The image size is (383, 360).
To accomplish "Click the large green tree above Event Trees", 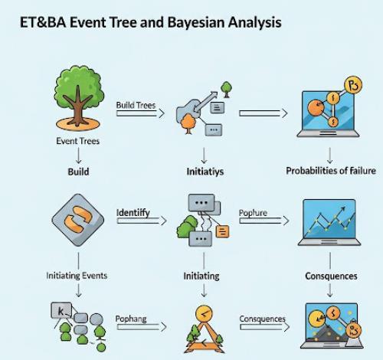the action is coord(78,97).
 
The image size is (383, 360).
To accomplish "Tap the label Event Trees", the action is coord(77,141).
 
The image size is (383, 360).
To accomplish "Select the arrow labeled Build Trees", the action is coord(140,113).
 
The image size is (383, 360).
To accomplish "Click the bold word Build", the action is coord(78,172).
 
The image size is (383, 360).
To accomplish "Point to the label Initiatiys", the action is coord(205,172).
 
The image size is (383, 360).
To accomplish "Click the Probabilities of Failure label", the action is coord(331,171).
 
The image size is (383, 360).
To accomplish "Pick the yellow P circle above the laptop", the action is coord(353,85).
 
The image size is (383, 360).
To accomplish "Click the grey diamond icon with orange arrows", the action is coord(78,220).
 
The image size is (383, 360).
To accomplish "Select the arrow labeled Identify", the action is coord(142,221).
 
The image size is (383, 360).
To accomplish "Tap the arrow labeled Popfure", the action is coord(264,221).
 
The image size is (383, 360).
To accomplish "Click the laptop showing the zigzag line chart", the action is coord(329,223).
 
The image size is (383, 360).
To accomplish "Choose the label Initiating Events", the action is coord(77,276).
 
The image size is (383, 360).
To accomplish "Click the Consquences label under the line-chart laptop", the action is coord(331,276).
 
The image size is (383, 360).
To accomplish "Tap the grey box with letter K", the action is coord(61,310).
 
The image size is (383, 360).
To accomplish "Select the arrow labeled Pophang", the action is coord(142,327).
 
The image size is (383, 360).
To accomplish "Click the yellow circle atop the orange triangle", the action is coord(204,313).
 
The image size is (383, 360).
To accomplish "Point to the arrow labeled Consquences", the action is coord(265,327).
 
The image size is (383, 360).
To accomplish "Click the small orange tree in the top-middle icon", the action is coord(188,123).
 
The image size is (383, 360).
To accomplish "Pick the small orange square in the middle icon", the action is coord(222,232).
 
